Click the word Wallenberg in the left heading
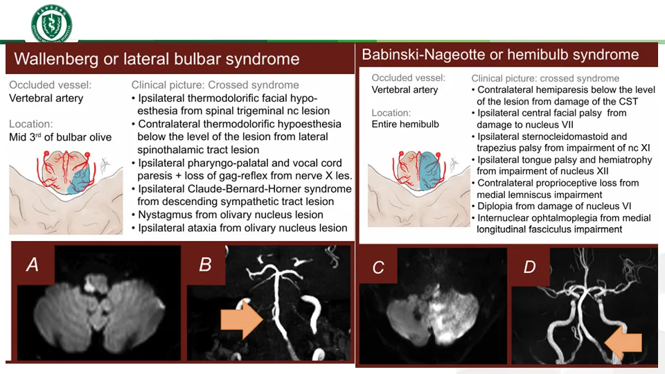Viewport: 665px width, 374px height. (55, 59)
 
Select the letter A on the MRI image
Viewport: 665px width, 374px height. (32, 263)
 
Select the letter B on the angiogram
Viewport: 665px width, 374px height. (205, 264)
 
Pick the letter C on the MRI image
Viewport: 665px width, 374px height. (378, 267)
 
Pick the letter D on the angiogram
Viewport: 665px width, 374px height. (530, 267)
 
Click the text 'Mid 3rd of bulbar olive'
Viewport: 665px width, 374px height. (60, 137)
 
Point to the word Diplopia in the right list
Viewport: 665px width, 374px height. (497, 206)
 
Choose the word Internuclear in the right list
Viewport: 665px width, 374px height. (507, 218)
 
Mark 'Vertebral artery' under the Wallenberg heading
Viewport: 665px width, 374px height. (46, 98)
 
